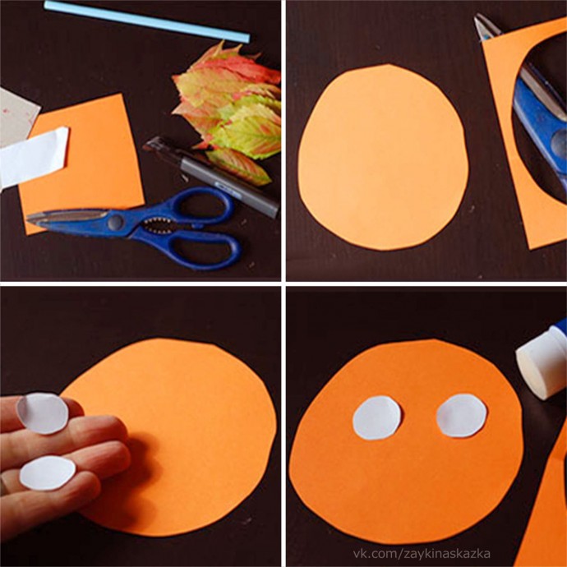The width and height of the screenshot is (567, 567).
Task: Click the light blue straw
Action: [146, 21]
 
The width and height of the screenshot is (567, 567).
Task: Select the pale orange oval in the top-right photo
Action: [383, 158]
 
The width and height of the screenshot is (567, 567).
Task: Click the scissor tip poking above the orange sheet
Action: [486, 27]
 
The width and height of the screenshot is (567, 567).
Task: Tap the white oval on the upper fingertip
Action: [43, 413]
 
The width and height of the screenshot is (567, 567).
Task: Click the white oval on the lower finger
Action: [48, 473]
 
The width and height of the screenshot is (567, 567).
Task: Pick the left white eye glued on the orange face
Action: [377, 417]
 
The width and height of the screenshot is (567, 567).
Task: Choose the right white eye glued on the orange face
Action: [462, 416]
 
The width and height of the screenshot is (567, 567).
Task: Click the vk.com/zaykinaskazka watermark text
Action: [422, 554]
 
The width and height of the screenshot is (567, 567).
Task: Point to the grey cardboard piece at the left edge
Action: [17, 117]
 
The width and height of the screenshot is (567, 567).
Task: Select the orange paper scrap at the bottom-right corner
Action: [546, 506]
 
